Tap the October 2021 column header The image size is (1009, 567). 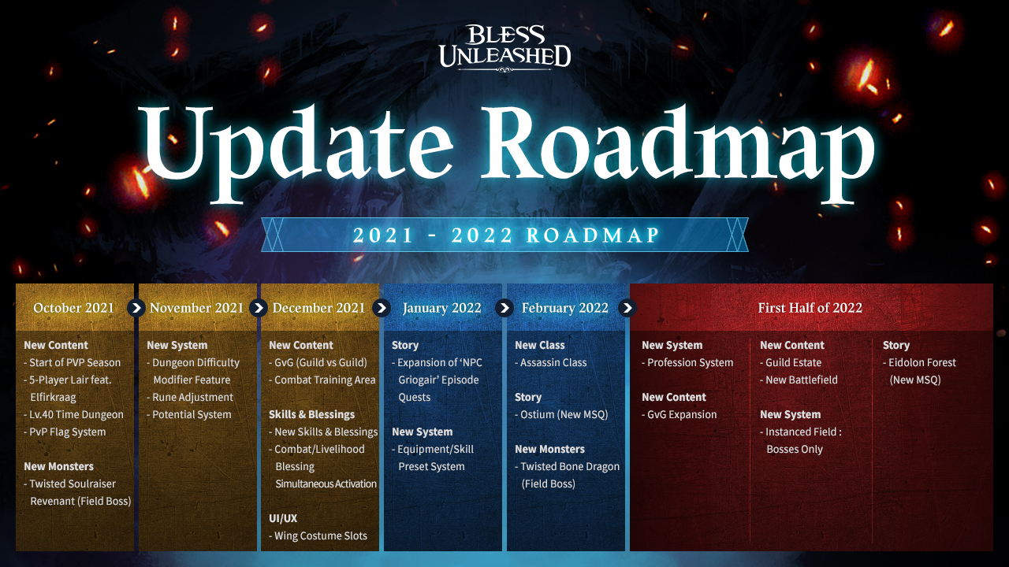[74, 308]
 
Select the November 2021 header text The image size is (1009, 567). [196, 308]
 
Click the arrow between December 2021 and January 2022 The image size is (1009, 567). [382, 308]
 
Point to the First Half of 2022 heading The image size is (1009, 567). [810, 308]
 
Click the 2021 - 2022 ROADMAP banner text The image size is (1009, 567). [505, 235]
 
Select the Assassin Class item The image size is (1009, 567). [550, 363]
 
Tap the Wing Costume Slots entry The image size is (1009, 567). [318, 536]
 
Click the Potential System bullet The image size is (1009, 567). [189, 415]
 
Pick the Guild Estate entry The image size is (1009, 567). [791, 363]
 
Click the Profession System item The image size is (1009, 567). [687, 363]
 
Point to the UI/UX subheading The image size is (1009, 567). [283, 518]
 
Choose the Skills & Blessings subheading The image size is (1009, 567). [311, 414]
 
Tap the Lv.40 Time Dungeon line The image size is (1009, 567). [74, 415]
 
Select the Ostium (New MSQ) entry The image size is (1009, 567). [561, 415]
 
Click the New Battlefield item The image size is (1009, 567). [799, 380]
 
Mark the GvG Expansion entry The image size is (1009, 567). [679, 415]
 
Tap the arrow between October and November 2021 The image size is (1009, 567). [136, 308]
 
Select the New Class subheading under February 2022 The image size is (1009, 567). [540, 345]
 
